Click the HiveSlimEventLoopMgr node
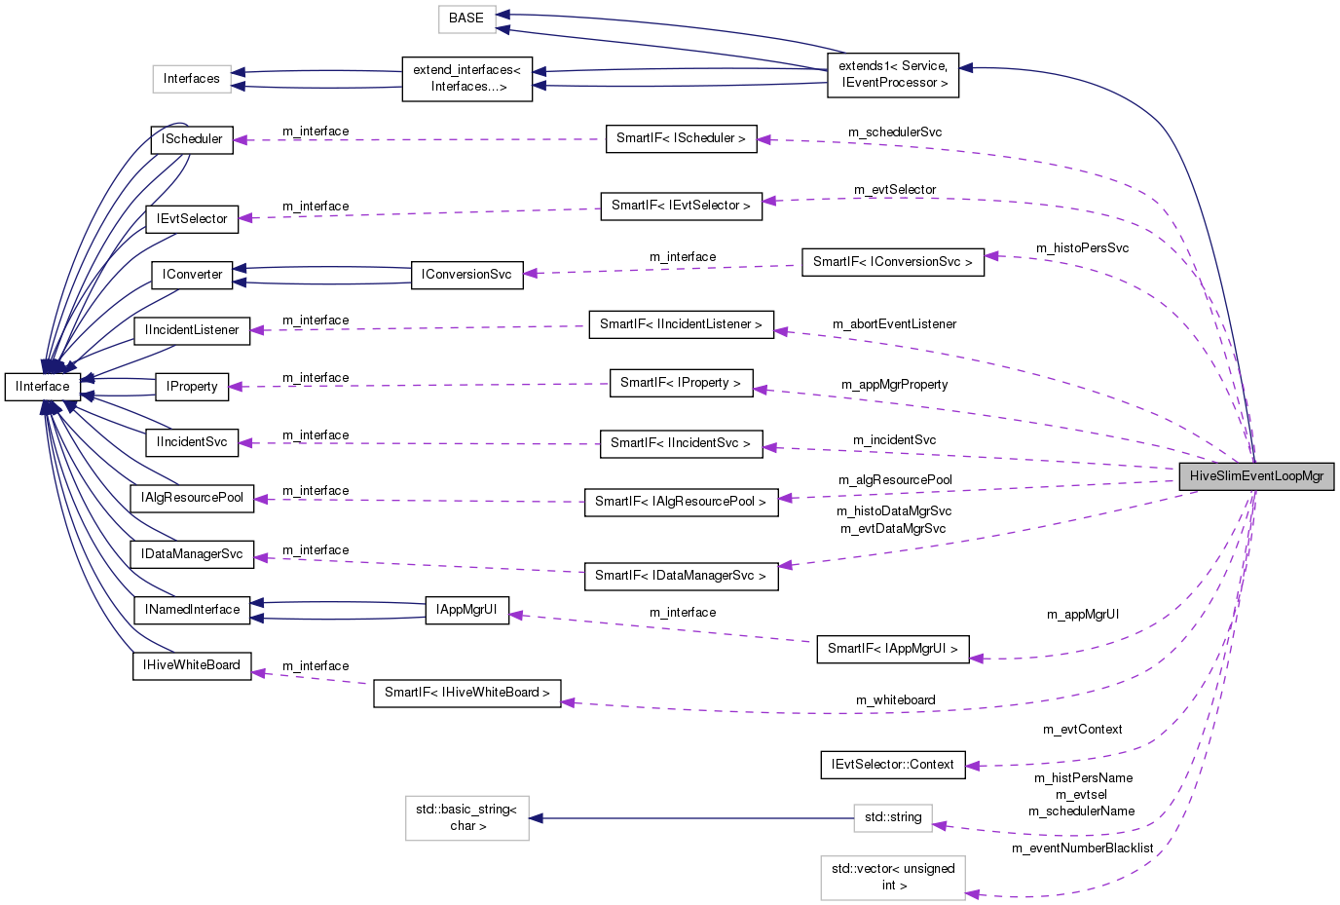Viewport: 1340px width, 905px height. tap(1256, 476)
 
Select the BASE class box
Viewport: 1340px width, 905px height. tap(466, 19)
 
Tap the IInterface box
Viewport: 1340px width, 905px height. tap(43, 387)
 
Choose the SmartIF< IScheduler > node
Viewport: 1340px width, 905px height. tap(681, 138)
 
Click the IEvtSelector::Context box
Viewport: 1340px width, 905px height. tap(893, 765)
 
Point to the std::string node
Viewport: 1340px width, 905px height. tap(893, 817)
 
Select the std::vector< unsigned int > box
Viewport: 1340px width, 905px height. tap(893, 877)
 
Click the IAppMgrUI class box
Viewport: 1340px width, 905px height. tap(467, 610)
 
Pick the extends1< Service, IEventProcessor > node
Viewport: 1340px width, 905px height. tap(893, 75)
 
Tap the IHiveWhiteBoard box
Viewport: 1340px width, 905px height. tap(192, 665)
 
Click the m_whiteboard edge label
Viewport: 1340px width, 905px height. tap(895, 700)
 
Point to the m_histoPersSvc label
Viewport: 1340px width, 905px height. tap(1082, 248)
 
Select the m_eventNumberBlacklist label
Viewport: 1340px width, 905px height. tap(1082, 848)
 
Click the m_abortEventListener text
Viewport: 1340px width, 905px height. tap(894, 324)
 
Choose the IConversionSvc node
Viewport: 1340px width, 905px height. tap(466, 275)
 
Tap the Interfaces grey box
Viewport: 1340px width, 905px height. tap(192, 79)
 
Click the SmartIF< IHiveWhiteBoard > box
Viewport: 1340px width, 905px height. tap(466, 693)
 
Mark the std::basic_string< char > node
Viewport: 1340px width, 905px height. tap(467, 817)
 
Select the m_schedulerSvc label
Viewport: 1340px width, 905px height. tap(894, 132)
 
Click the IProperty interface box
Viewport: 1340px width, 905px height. tap(192, 387)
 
